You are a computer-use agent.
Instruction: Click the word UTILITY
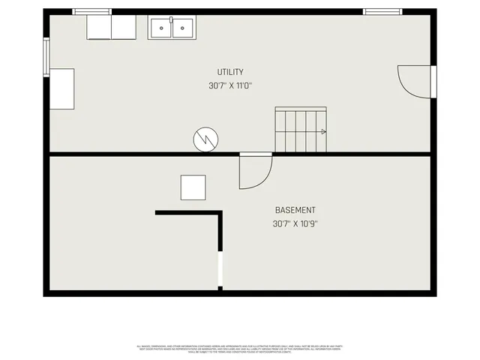(230, 72)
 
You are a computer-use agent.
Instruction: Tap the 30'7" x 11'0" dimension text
(230, 85)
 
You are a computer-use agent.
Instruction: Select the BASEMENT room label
(295, 210)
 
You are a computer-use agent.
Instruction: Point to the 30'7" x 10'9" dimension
(295, 223)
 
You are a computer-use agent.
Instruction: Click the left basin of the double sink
(160, 28)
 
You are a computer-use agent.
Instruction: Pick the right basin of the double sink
(181, 28)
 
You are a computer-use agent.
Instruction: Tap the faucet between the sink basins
(171, 19)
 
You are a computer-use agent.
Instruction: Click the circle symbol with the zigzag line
(205, 139)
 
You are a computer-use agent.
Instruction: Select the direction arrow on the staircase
(323, 131)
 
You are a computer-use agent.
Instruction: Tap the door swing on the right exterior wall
(415, 79)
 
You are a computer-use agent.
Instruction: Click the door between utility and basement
(254, 171)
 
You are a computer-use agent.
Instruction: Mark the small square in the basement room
(193, 187)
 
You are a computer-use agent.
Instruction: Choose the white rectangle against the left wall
(61, 88)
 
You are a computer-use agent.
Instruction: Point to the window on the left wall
(46, 57)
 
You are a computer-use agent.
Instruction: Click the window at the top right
(382, 12)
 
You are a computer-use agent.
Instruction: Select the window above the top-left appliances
(91, 12)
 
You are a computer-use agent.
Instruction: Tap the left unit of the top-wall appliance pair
(99, 28)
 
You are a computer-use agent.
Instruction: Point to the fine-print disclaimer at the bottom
(240, 348)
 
